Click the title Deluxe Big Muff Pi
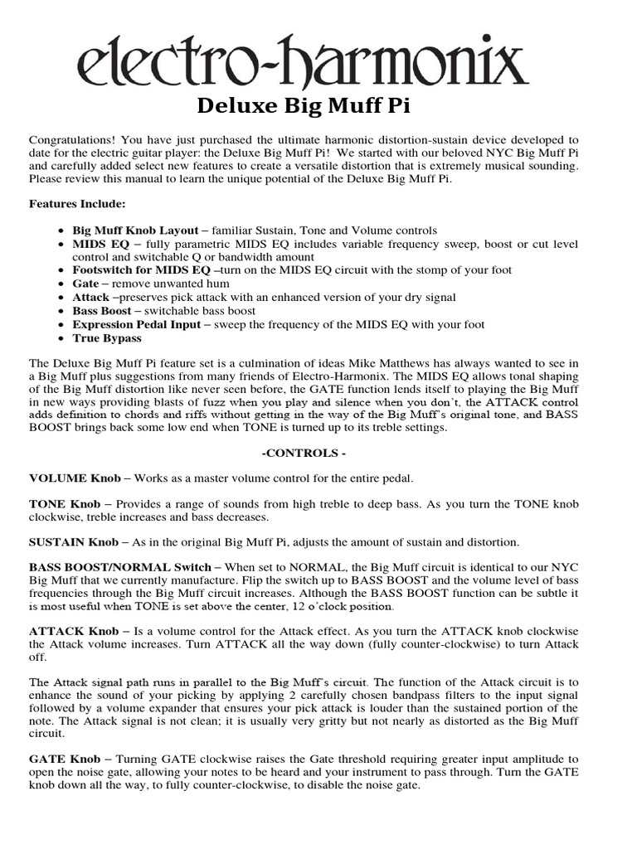point(303,106)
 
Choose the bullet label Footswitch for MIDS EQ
point(141,270)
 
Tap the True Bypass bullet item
point(107,338)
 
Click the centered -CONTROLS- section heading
point(303,454)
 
